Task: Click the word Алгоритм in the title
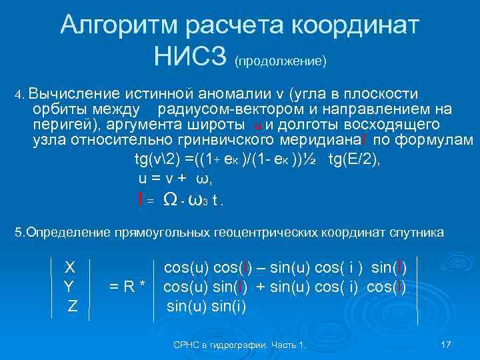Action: point(119,25)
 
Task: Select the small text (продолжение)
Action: point(280,61)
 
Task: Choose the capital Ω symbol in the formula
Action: point(170,199)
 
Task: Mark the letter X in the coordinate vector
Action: point(69,267)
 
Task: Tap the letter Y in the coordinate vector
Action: point(69,287)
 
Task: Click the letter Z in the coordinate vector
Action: point(73,307)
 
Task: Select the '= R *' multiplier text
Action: point(127,287)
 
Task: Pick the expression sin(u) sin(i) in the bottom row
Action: point(206,307)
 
